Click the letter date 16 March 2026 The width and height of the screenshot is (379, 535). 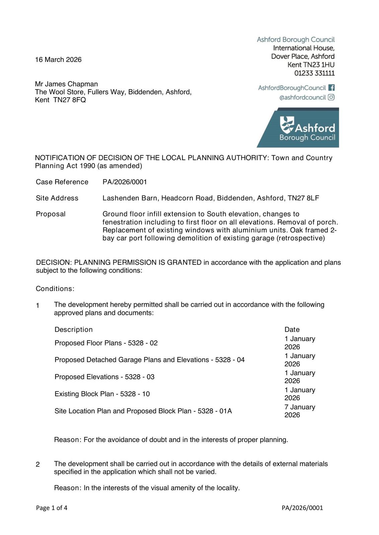tap(58, 60)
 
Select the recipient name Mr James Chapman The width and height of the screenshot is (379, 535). tap(66, 84)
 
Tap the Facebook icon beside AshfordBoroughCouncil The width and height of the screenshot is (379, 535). tap(331, 88)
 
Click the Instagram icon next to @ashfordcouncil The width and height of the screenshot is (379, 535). tap(331, 97)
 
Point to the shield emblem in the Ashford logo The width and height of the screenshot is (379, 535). tap(287, 125)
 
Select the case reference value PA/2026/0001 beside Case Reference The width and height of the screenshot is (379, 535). tap(125, 182)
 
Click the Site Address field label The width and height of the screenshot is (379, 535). tap(57, 198)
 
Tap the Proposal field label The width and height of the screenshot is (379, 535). tap(51, 214)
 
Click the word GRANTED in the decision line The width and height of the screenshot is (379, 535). tap(183, 262)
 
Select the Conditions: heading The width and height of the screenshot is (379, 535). tap(55, 289)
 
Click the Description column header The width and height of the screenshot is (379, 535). tap(73, 329)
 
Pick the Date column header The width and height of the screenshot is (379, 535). tap(292, 329)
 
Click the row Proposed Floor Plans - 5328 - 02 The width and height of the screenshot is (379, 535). tap(106, 343)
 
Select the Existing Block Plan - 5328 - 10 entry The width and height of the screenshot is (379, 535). tap(102, 394)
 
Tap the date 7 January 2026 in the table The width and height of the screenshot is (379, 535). tap(300, 411)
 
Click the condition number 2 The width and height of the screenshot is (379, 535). tap(38, 464)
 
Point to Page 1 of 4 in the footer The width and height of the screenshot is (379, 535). tap(52, 508)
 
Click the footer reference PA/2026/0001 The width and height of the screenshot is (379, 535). tap(302, 508)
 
